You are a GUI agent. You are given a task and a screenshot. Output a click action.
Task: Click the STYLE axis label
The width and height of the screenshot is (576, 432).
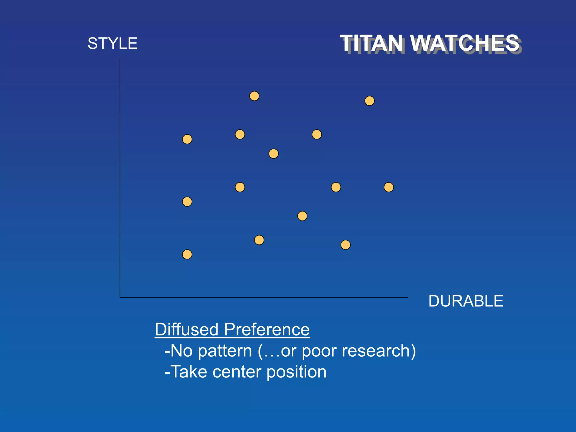tap(112, 44)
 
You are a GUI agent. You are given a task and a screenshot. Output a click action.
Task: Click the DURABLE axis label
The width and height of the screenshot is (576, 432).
tap(465, 301)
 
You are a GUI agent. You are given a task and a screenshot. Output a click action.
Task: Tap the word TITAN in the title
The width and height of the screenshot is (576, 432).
tap(371, 43)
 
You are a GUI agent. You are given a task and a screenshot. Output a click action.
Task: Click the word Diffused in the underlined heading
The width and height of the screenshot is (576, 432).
tap(186, 329)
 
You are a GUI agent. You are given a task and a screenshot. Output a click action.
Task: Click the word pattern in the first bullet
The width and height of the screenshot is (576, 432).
tap(225, 351)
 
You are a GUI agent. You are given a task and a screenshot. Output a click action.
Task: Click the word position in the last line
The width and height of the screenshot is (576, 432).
tap(296, 372)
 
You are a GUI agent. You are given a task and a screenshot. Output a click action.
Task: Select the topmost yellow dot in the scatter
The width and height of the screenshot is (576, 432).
tap(254, 96)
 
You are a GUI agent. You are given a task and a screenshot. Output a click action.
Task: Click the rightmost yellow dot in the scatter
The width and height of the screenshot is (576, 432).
tap(389, 187)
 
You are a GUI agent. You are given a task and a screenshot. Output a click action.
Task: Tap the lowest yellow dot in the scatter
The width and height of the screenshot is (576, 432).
tap(187, 255)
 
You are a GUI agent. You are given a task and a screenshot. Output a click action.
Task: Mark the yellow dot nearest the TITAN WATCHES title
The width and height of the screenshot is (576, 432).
tap(370, 101)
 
